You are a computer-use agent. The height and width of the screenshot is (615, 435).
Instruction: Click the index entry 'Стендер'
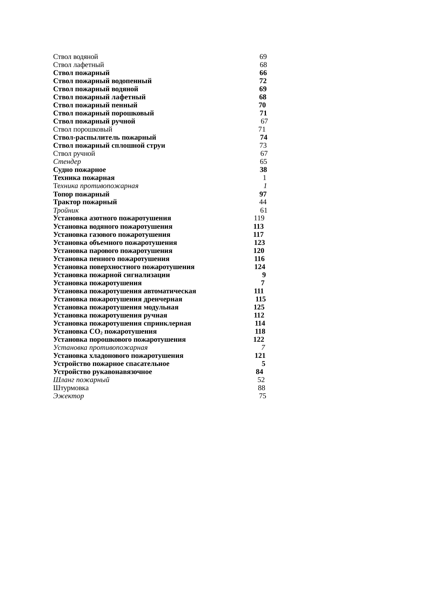click(67, 162)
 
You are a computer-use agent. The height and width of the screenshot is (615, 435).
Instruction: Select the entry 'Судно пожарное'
click(80, 170)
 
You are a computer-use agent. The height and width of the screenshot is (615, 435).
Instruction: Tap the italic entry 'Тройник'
click(66, 210)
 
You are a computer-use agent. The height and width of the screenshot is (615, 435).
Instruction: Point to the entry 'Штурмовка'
click(71, 388)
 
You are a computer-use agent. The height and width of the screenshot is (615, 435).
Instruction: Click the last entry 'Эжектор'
click(69, 396)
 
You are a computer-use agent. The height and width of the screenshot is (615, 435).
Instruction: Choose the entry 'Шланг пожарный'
click(81, 380)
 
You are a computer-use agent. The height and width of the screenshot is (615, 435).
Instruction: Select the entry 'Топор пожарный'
click(81, 194)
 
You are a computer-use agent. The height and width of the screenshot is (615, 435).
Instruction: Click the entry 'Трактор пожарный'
click(85, 202)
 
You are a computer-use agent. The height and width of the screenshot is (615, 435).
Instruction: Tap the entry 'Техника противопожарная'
click(96, 186)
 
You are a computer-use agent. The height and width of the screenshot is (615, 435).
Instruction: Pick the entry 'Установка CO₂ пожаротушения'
click(105, 332)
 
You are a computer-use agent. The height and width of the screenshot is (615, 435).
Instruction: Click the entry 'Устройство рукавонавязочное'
click(103, 372)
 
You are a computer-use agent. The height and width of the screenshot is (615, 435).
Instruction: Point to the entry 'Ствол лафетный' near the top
click(79, 65)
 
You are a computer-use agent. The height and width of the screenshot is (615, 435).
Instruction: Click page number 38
click(263, 170)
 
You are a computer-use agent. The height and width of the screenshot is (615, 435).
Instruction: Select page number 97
click(263, 194)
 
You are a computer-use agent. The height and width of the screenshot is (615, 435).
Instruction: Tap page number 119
click(259, 218)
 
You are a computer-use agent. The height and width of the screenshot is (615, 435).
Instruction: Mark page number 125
click(259, 307)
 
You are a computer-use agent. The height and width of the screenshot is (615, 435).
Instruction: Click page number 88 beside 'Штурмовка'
click(261, 388)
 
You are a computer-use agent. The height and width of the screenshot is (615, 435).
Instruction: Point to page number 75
click(262, 396)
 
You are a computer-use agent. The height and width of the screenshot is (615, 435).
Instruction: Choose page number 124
click(260, 267)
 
